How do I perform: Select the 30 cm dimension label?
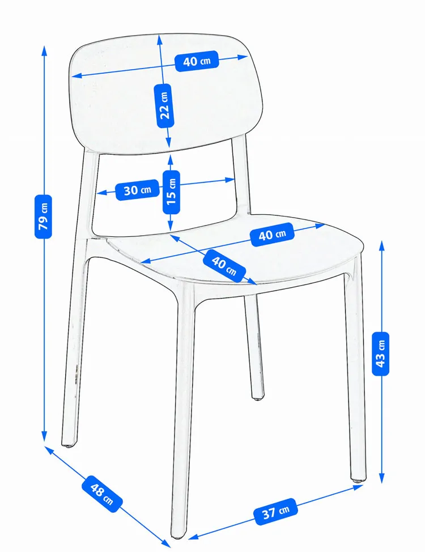coord(137,190)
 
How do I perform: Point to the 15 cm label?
coord(171,192)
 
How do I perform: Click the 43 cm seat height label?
coord(381,353)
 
